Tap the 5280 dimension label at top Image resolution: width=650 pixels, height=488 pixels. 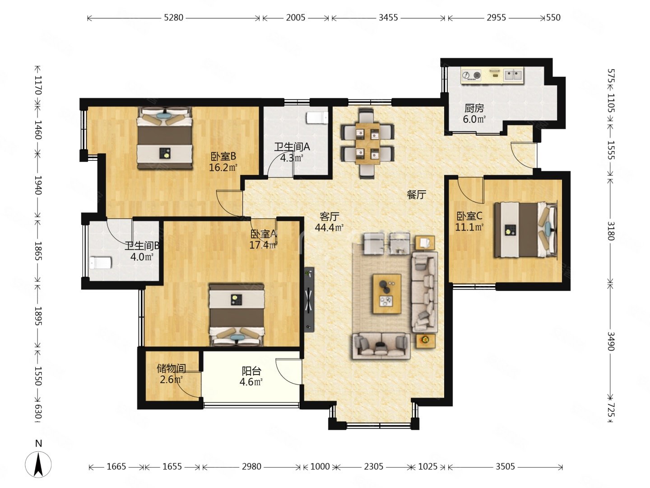coord(173,18)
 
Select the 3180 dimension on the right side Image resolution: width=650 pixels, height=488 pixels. coord(611,230)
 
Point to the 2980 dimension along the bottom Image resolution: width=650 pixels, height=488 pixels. coord(251,467)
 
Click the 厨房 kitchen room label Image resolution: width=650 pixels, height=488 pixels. coord(474,108)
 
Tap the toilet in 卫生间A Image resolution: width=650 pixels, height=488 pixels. coord(317,117)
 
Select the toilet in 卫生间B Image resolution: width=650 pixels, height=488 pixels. coord(100,263)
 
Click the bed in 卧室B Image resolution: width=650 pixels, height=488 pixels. coord(164,138)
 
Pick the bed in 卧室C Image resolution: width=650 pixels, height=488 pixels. coord(525,230)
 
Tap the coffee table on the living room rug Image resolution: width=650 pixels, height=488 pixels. coord(387,294)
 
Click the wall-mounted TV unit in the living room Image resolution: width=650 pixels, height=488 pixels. coord(310,300)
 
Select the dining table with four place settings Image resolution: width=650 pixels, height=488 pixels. coord(367,143)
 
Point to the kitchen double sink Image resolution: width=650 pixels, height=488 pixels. coord(514,75)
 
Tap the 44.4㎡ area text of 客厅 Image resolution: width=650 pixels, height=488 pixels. coord(329,228)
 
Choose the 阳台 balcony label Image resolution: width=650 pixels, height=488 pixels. coord(251,371)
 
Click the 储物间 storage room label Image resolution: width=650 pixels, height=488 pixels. coord(171,368)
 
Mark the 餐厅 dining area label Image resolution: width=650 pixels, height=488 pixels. coord(416,194)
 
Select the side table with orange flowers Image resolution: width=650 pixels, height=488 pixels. coord(425,341)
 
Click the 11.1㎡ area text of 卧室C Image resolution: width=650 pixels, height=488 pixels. coord(469,227)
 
